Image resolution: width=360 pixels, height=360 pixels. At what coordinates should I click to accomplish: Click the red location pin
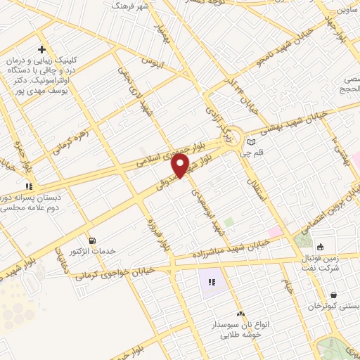coord(181,165)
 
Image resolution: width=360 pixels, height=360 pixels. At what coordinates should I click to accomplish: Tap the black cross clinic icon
coord(42,50)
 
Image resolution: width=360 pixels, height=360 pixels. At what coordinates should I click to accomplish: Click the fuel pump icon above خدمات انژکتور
coord(90,239)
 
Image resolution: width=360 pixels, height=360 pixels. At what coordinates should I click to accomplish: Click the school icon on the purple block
coord(212,283)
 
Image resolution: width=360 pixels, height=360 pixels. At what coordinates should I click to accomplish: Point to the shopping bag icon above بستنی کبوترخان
coord(331,295)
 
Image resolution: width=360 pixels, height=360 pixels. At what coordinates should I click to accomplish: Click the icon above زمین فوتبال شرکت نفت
coord(321,247)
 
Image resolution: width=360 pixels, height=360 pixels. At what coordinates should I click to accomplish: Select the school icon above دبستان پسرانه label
coord(30,186)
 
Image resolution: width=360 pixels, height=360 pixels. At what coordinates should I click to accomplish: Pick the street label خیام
coord(288,285)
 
